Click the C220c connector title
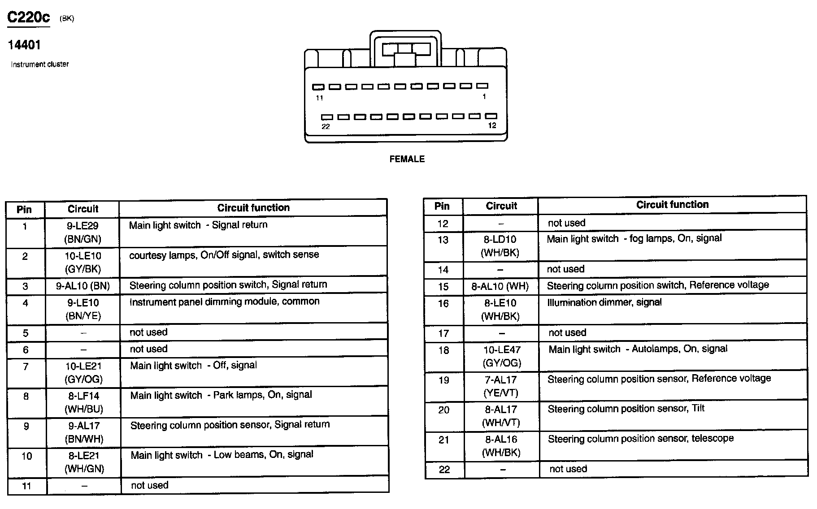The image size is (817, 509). coord(29,17)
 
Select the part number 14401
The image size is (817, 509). coord(24,45)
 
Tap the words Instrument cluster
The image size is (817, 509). coord(40,64)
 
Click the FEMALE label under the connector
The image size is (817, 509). coord(407,159)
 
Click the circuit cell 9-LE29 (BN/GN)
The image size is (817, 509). coord(83,232)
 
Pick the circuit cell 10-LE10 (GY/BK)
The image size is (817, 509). coord(83,262)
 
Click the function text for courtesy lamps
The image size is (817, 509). coord(224,255)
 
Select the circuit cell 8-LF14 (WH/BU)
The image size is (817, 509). coord(83,402)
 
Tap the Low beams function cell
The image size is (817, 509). coord(222,455)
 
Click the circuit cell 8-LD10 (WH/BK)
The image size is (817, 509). coord(500,246)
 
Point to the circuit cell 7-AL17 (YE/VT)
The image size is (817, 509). coord(501,386)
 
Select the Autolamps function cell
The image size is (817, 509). coord(638,349)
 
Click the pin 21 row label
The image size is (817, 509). coord(443,440)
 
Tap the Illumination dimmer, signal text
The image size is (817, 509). coord(604,302)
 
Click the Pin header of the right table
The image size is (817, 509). coord(442,206)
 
